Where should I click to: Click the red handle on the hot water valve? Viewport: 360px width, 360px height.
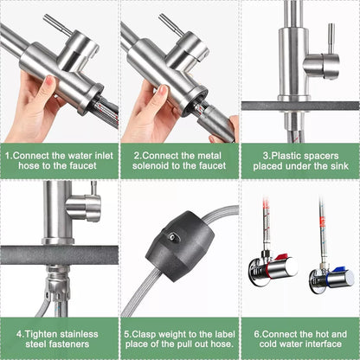click(x=280, y=258)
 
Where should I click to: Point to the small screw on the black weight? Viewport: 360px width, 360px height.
click(x=172, y=236)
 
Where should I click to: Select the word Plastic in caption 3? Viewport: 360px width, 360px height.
click(x=286, y=156)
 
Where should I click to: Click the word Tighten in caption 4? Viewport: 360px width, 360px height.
click(x=42, y=334)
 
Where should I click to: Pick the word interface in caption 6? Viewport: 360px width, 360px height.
click(x=324, y=344)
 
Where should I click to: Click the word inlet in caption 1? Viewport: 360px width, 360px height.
click(x=104, y=156)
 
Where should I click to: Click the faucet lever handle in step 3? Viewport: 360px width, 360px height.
click(x=331, y=37)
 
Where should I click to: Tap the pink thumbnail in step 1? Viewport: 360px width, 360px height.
click(x=49, y=82)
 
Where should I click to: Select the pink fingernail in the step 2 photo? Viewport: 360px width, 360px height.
click(x=163, y=90)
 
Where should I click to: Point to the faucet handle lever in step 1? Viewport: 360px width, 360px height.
click(x=56, y=25)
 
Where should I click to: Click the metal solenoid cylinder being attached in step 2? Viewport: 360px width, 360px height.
click(x=215, y=123)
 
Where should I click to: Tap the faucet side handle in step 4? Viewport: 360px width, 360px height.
click(x=84, y=207)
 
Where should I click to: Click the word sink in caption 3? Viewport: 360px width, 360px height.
click(x=339, y=166)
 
